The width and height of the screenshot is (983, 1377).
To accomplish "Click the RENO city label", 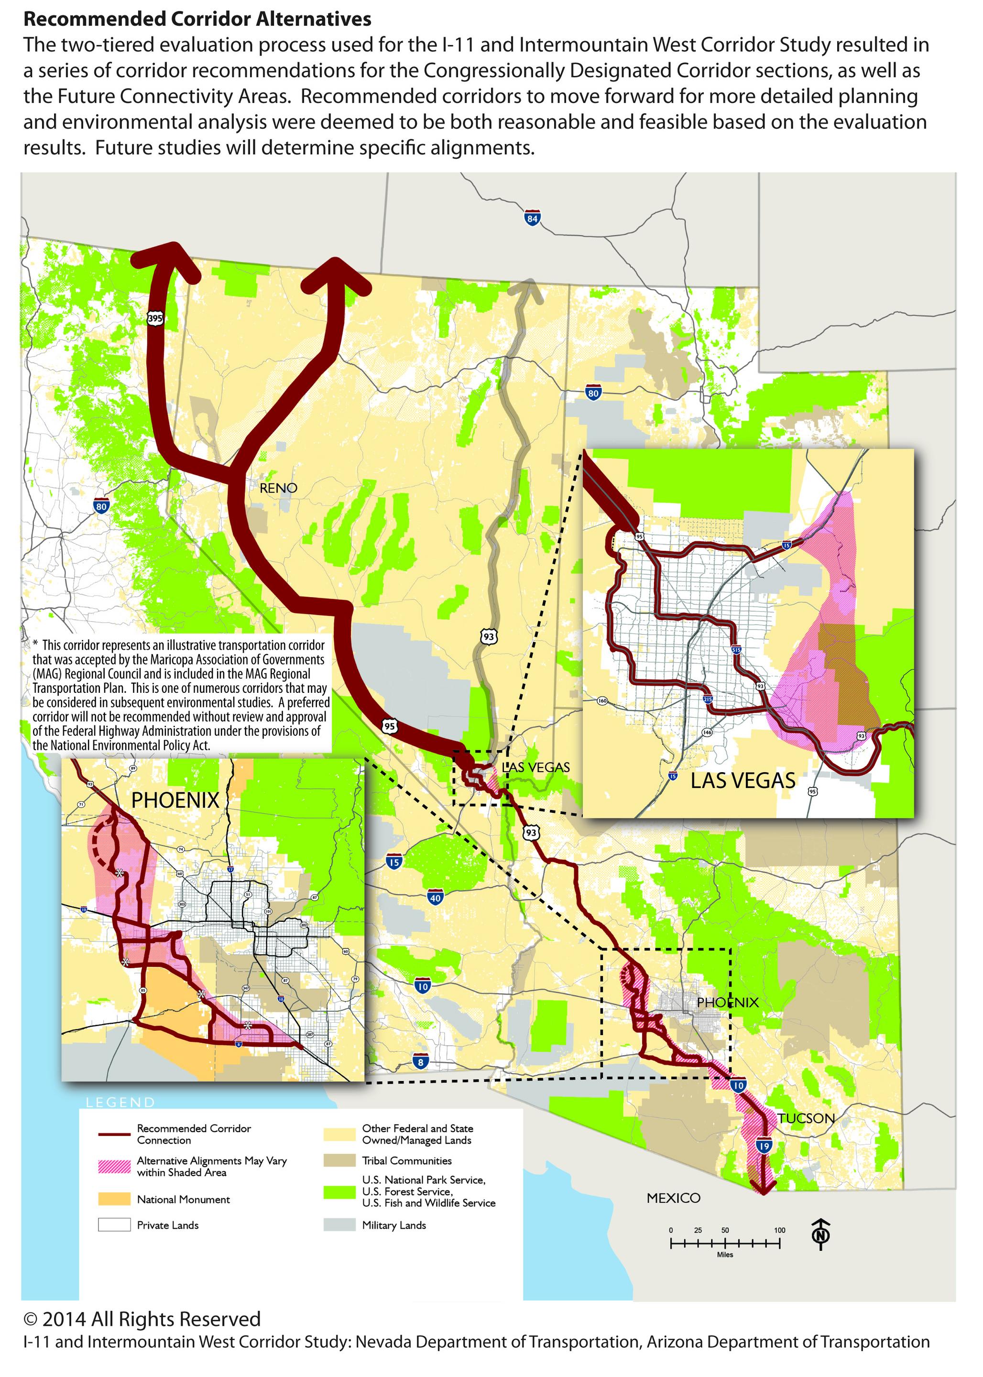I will tap(278, 488).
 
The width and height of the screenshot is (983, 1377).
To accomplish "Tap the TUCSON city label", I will tap(806, 1118).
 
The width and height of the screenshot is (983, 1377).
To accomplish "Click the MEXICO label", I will tap(673, 1198).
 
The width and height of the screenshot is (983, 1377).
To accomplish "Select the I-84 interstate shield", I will tap(532, 219).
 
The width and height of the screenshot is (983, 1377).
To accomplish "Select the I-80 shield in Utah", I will tap(593, 393).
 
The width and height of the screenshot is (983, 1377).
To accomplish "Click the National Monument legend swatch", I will tap(114, 1199).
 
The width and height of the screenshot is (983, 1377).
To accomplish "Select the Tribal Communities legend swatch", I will tap(339, 1160).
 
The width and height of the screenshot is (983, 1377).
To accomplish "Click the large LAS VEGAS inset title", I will tap(743, 780).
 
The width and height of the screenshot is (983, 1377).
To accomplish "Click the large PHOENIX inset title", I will tap(175, 800).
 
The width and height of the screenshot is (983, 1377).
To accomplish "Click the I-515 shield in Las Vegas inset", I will tap(736, 649).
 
